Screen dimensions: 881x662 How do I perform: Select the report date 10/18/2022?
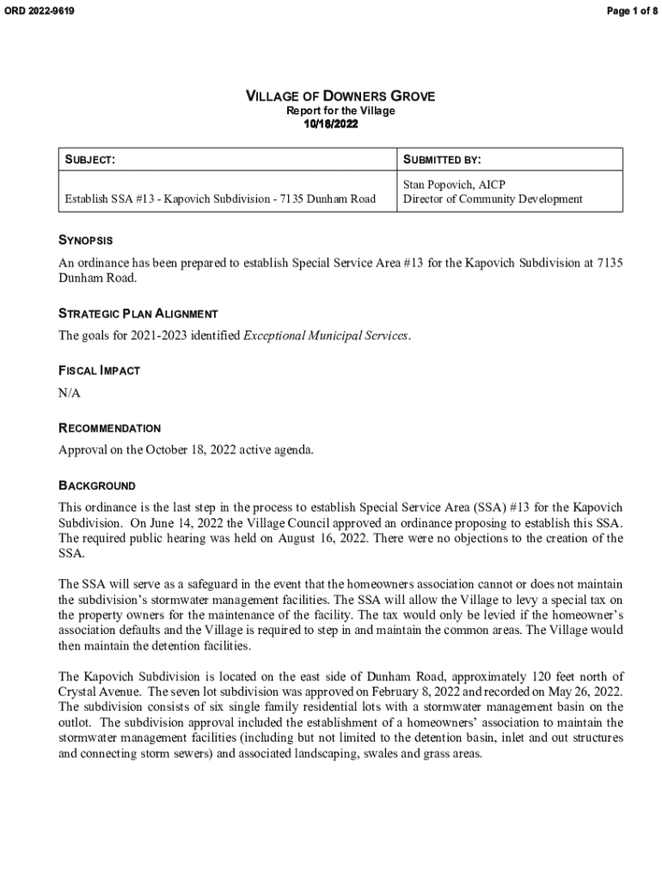point(331,125)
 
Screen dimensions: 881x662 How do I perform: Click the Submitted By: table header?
point(442,160)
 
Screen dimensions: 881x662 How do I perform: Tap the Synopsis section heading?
point(85,240)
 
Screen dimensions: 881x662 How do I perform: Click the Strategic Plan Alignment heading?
point(138,314)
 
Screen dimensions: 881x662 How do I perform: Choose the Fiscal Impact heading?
point(99,371)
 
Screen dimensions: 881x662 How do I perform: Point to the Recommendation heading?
point(109,428)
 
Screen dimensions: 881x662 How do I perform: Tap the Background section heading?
point(96,485)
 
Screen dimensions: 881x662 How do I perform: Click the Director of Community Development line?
point(493,200)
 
